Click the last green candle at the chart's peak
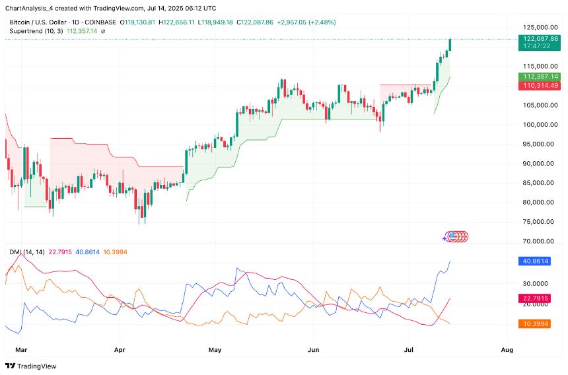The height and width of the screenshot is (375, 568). point(450,44)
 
